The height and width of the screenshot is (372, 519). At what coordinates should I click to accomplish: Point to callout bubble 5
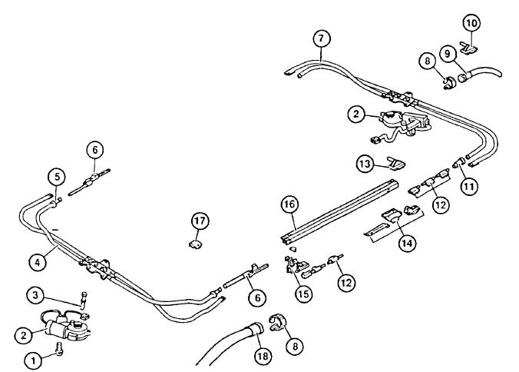[55, 177]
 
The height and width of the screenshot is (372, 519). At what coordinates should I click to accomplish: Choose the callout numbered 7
[322, 38]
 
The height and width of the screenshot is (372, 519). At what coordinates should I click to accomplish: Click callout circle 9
[468, 55]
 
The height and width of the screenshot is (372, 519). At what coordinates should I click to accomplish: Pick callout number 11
[469, 184]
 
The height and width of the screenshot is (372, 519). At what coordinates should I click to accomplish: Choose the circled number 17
[200, 222]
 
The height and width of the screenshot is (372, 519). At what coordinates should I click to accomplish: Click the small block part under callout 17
[195, 246]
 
